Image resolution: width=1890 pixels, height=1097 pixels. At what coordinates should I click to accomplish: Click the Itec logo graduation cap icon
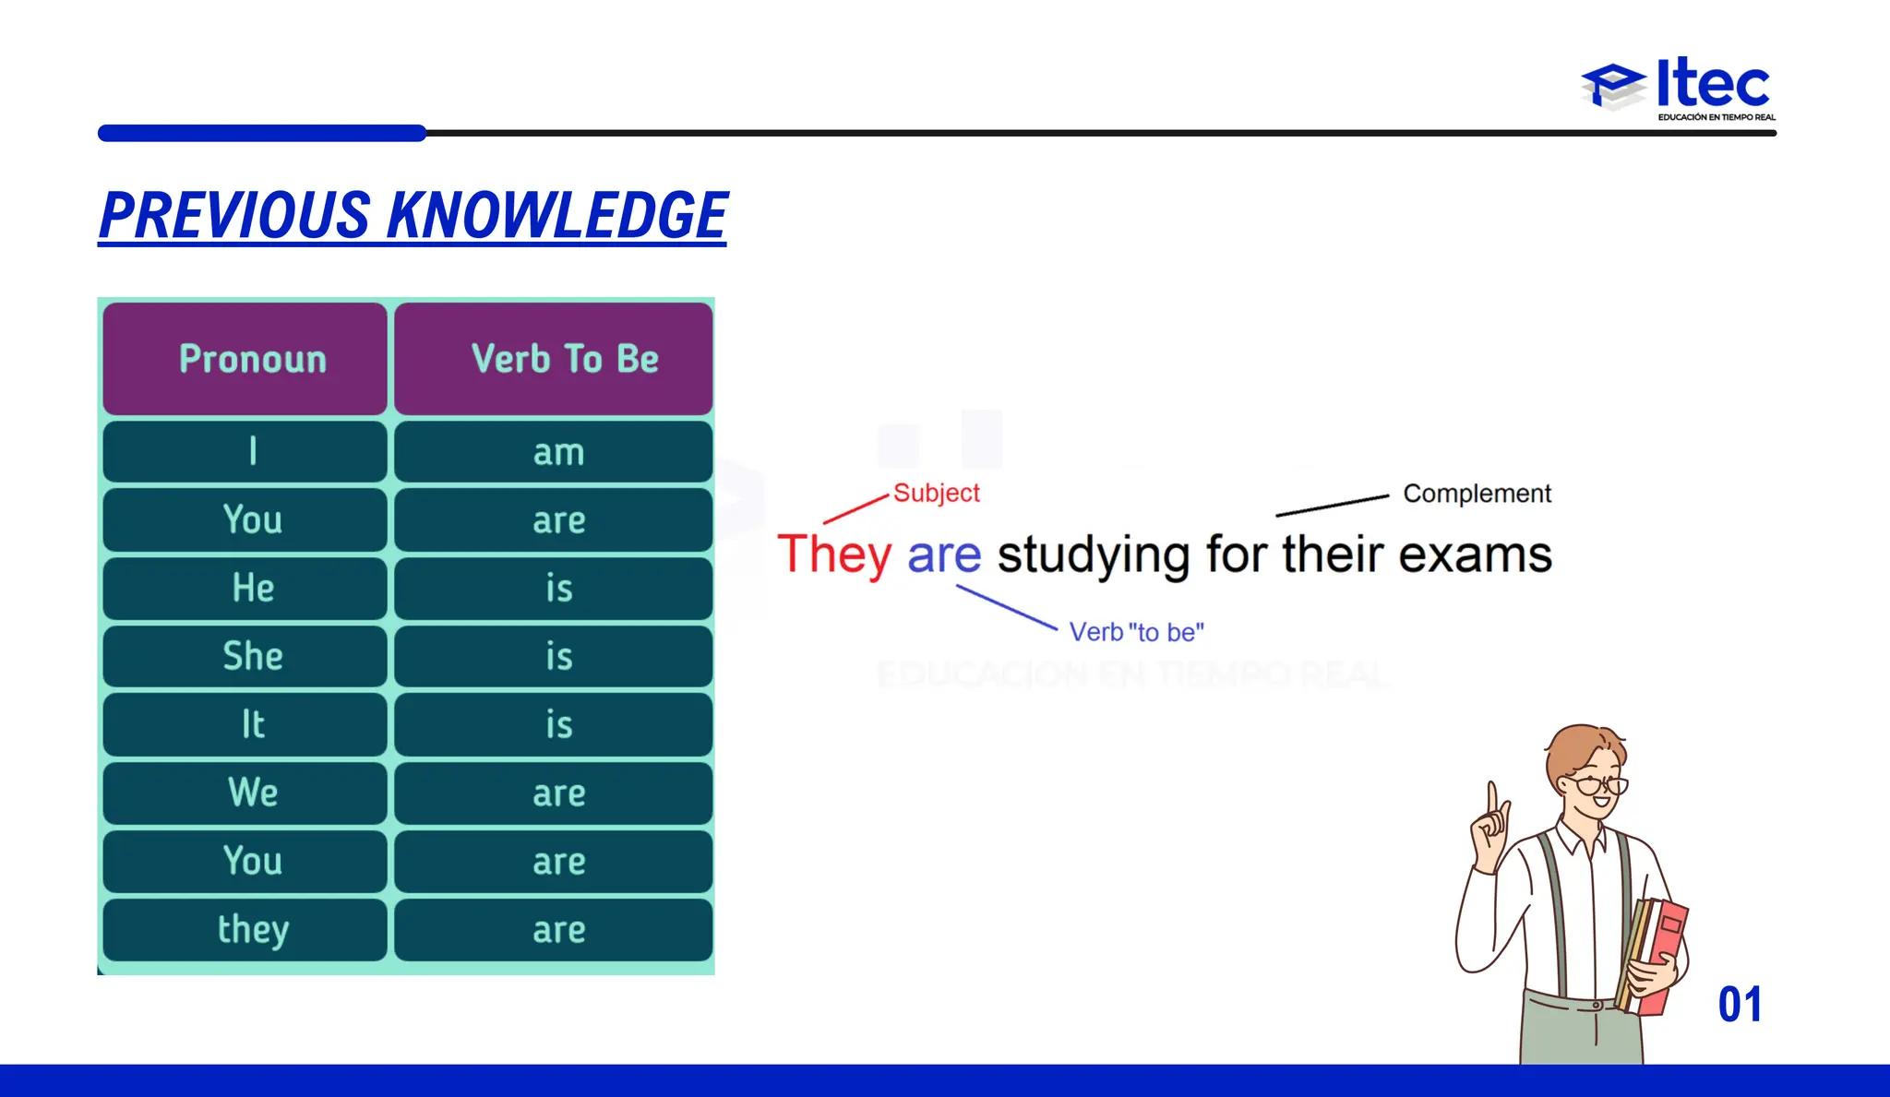click(x=1613, y=86)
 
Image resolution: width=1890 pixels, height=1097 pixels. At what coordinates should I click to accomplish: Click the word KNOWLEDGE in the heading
click(x=556, y=216)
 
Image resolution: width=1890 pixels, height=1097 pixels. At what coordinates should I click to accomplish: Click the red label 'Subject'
click(x=936, y=493)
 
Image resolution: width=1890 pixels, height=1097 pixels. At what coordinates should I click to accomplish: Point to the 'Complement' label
click(x=1477, y=494)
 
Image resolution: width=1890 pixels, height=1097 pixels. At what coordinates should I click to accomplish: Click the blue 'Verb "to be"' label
click(x=1136, y=632)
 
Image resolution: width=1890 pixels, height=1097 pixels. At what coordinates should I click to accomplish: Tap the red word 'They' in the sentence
click(x=834, y=555)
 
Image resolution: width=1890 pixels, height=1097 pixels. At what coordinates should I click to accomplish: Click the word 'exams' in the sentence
click(x=1475, y=555)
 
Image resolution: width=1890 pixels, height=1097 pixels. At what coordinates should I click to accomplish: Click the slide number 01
click(x=1740, y=1005)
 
